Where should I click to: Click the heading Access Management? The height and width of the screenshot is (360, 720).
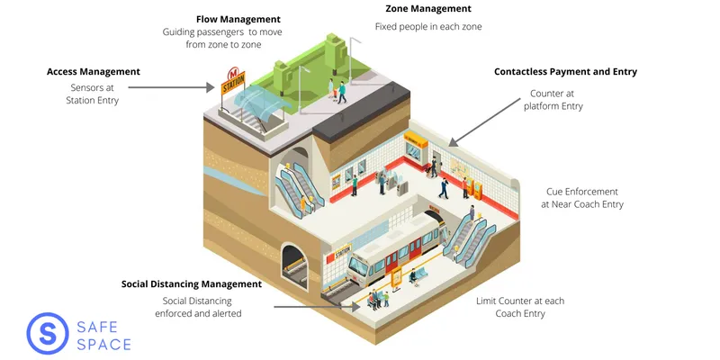(93, 71)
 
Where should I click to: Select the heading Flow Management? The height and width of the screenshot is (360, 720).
(238, 19)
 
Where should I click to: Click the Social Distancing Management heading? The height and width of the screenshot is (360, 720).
(191, 283)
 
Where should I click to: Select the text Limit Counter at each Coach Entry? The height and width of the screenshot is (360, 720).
(520, 307)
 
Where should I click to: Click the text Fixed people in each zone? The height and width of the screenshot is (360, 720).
(428, 27)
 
